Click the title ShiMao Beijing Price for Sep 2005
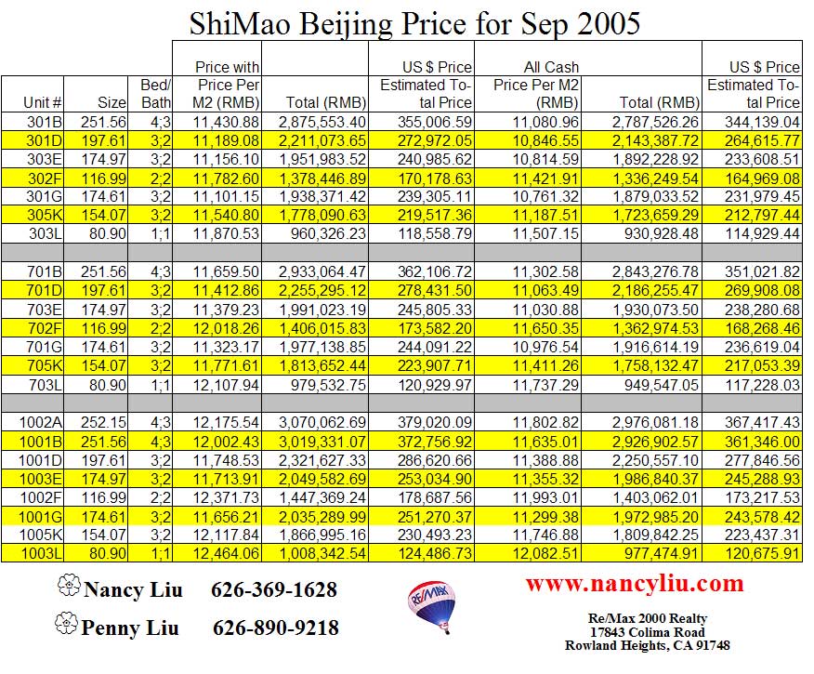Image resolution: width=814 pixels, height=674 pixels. pos(414,23)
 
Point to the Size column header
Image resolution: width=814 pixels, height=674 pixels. pos(111,103)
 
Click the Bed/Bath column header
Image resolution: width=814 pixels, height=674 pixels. pos(154,94)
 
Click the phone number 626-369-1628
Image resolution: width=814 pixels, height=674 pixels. pos(274,590)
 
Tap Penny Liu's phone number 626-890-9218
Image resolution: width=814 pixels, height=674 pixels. pos(276,628)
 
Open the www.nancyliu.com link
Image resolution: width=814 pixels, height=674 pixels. pos(635,584)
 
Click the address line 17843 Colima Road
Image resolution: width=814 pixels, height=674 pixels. pos(647,631)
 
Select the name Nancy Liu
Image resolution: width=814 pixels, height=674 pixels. pos(133,590)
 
